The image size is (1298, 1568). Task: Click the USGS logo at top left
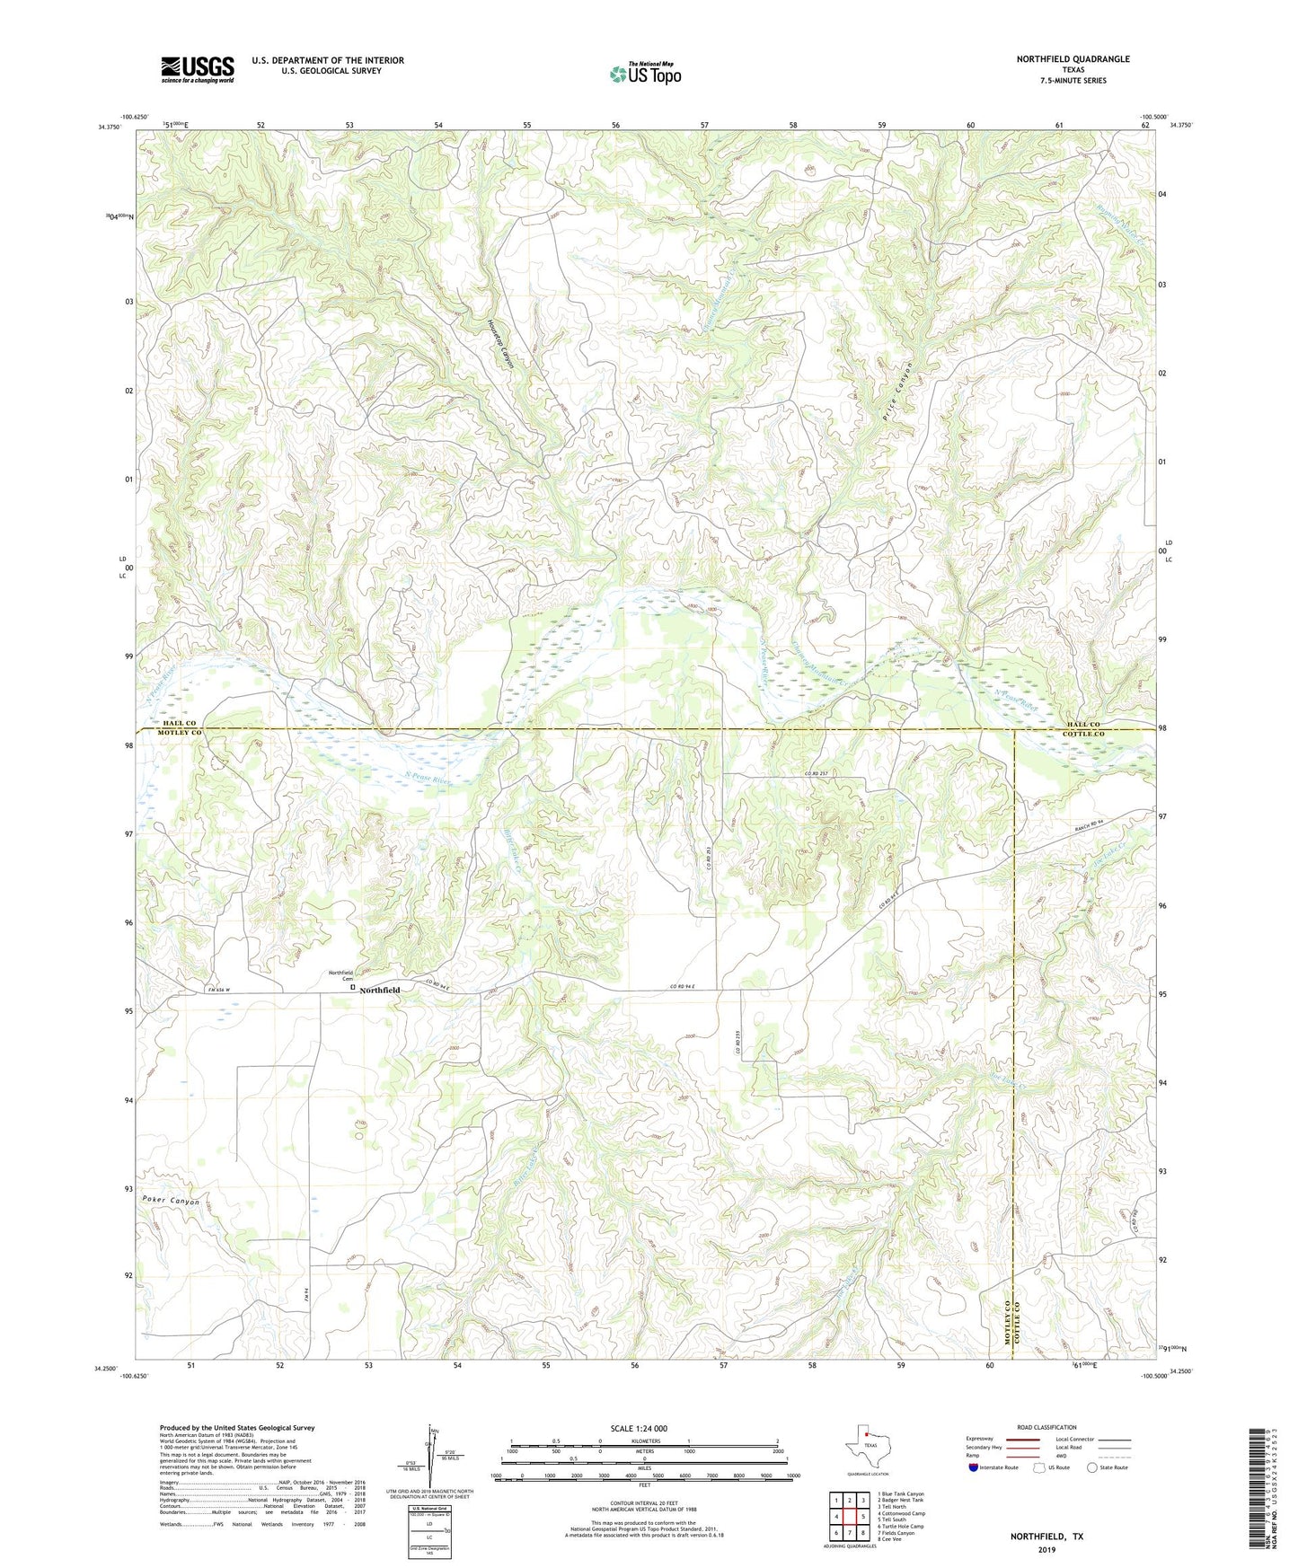(198, 69)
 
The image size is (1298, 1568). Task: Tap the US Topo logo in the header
(645, 74)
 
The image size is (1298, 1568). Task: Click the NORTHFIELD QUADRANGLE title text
(1073, 59)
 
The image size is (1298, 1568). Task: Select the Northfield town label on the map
(380, 990)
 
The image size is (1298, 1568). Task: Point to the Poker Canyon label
(170, 1201)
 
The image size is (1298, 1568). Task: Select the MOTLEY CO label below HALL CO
(180, 734)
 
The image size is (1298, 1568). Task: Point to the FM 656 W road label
(219, 991)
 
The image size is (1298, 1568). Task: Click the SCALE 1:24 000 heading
(639, 1428)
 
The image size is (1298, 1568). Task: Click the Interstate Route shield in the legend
(975, 1467)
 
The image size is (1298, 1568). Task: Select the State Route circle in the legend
(1092, 1467)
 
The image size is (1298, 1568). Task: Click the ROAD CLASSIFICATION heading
(1046, 1427)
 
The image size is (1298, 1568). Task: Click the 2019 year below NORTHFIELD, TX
(1046, 1549)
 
